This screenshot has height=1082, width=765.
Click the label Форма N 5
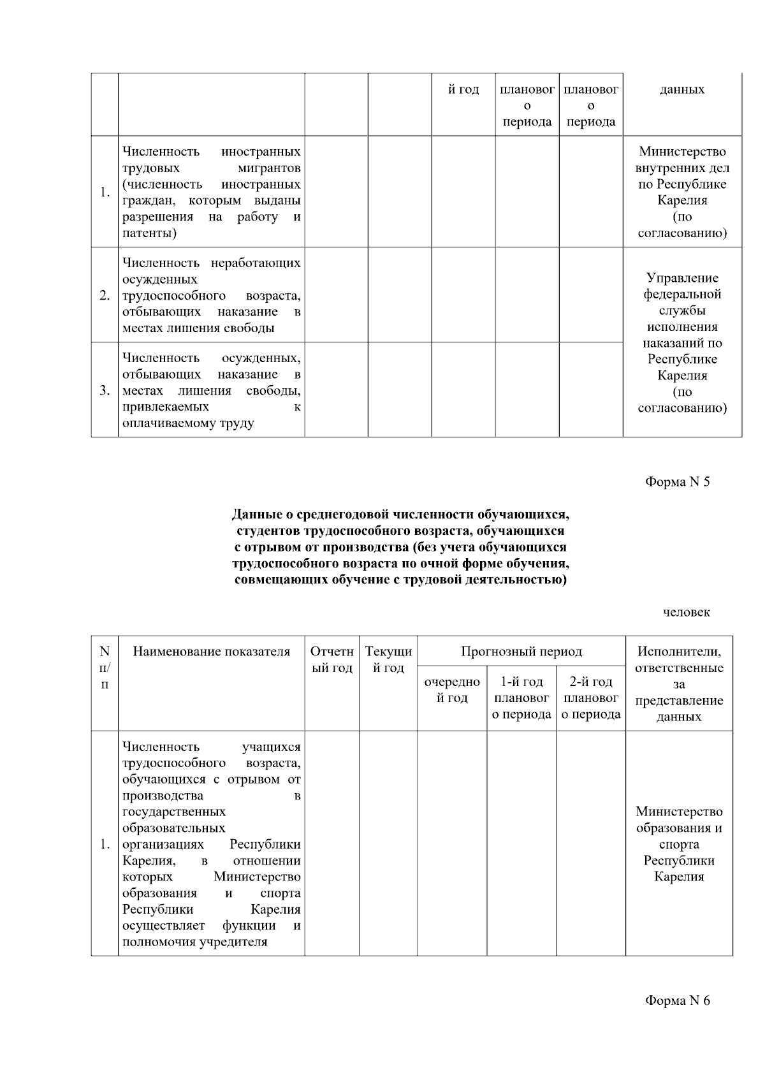coord(677,481)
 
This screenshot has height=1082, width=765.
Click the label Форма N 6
coord(677,1000)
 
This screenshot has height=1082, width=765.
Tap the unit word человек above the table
coord(686,612)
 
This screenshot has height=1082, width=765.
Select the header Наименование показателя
coord(211,652)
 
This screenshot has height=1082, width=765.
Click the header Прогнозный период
coord(521,652)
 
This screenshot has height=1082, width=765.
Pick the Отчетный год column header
coord(331,660)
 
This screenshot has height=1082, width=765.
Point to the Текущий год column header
coord(388,660)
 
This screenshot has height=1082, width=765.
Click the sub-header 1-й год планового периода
coord(521,698)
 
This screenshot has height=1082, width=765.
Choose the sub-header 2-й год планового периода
coord(591,698)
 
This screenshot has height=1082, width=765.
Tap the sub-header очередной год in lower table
coord(452,690)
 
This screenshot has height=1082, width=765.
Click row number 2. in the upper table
coord(105,295)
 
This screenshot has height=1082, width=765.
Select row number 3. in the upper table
coord(105,390)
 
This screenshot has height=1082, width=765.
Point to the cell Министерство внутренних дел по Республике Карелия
coord(682,192)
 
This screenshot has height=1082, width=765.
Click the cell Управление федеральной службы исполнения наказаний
coord(682,342)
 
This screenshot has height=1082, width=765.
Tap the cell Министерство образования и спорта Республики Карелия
coord(679,844)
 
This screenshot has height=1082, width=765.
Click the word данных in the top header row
coord(682,89)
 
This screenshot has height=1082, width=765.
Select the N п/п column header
coord(105,668)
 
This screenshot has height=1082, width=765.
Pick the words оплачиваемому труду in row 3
coord(188,423)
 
